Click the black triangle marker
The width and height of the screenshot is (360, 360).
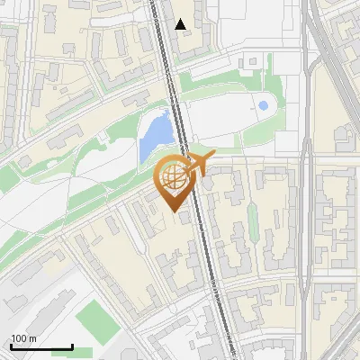coord(181,24)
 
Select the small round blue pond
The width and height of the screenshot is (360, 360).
coord(263,106)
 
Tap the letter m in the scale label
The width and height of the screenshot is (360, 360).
coord(32,338)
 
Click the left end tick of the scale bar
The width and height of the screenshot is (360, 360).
coord(11,346)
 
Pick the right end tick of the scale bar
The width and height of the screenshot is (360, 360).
coord(72,346)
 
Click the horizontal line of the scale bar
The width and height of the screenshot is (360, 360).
coord(41,347)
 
